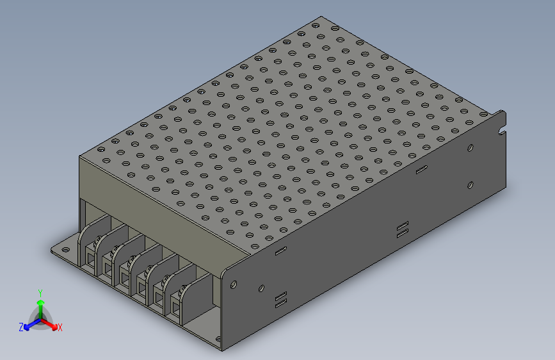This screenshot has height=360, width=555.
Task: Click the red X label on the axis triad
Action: (x=60, y=328)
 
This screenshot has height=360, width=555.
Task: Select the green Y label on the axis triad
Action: (x=40, y=292)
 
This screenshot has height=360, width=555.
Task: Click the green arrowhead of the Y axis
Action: (x=40, y=302)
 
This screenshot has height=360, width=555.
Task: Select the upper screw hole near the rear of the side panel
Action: (x=471, y=148)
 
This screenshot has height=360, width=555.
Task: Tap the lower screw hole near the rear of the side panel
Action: (x=471, y=185)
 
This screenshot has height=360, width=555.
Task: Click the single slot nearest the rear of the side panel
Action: (x=421, y=170)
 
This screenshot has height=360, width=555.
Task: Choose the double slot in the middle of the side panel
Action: (x=402, y=230)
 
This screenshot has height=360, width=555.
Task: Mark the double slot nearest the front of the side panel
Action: (x=280, y=299)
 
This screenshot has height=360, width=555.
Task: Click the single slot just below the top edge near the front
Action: (x=280, y=250)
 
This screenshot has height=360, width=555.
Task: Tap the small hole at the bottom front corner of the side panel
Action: (x=218, y=340)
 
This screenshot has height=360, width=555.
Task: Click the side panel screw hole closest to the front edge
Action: (x=234, y=282)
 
